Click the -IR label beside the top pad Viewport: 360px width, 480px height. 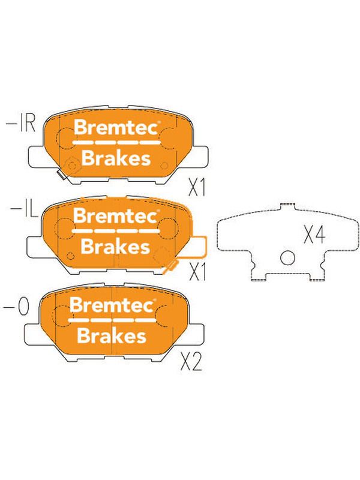(21, 124)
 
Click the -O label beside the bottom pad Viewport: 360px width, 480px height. (16, 307)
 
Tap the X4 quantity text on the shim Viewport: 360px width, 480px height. (314, 234)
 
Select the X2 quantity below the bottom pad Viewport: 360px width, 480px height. (191, 362)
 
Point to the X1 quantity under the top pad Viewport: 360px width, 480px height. (197, 187)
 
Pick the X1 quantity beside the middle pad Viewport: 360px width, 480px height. (198, 272)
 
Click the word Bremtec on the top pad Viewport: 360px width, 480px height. (116, 127)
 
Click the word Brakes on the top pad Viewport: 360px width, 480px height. (116, 158)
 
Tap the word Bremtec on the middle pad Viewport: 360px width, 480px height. (115, 215)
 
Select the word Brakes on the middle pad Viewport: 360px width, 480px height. (115, 246)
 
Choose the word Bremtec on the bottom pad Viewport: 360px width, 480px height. (112, 305)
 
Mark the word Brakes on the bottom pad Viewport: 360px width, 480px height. (112, 335)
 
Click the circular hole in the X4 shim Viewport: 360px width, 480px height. (288, 258)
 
